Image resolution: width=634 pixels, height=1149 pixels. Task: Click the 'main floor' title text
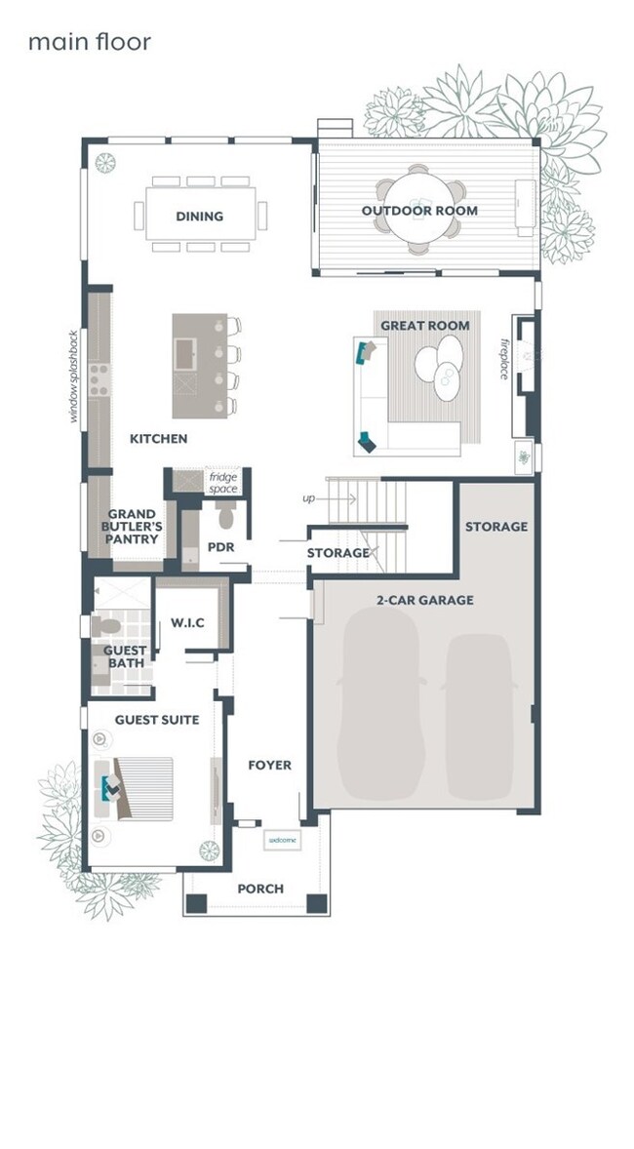pyautogui.click(x=89, y=42)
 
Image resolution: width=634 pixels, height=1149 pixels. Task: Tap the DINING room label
pyautogui.click(x=199, y=217)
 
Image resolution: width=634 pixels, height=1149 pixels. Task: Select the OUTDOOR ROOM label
pyautogui.click(x=419, y=211)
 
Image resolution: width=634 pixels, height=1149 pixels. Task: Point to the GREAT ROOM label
pyautogui.click(x=424, y=326)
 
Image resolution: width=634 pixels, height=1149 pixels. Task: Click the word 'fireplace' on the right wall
pyautogui.click(x=505, y=359)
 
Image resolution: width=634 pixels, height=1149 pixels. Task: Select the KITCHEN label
pyautogui.click(x=158, y=439)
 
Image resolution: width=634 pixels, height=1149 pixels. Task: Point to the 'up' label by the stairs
pyautogui.click(x=309, y=498)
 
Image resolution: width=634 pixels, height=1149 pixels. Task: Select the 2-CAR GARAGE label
pyautogui.click(x=426, y=600)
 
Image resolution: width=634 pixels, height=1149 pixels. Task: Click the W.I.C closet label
pyautogui.click(x=187, y=623)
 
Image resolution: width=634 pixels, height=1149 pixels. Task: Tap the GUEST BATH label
pyautogui.click(x=126, y=656)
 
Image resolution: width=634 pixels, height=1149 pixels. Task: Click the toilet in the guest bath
pyautogui.click(x=104, y=623)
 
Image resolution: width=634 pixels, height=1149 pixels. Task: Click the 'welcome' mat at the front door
pyautogui.click(x=281, y=840)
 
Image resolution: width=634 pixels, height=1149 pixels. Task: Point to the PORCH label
pyautogui.click(x=260, y=889)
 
